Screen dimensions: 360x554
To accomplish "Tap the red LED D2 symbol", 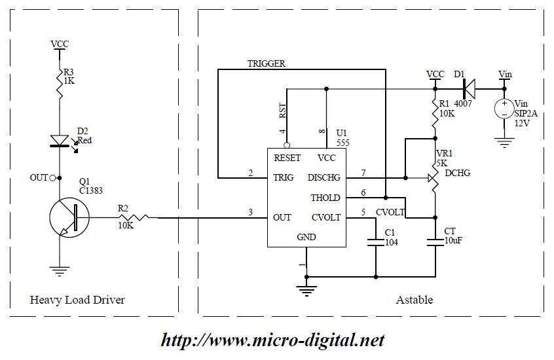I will pyautogui.click(x=60, y=140).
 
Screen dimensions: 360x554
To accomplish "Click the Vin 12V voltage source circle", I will pyautogui.click(x=504, y=108).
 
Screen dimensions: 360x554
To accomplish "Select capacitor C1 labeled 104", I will pyautogui.click(x=375, y=242).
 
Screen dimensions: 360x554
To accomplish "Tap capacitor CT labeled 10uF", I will pyautogui.click(x=435, y=242).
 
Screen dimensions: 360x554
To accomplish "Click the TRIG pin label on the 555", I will pyautogui.click(x=284, y=177).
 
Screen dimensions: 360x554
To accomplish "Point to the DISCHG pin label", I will pyautogui.click(x=323, y=177).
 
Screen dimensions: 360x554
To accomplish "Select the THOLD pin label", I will pyautogui.click(x=325, y=198).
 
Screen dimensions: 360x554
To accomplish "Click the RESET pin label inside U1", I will pyautogui.click(x=287, y=158).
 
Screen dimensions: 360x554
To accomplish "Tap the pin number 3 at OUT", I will pyautogui.click(x=250, y=211).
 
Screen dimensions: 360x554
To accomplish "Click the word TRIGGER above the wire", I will pyautogui.click(x=266, y=63).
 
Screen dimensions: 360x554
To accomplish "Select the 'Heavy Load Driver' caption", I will pyautogui.click(x=77, y=300).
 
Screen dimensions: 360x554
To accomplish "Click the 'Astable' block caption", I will pyautogui.click(x=414, y=300).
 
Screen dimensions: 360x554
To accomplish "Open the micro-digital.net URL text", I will pyautogui.click(x=272, y=340).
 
